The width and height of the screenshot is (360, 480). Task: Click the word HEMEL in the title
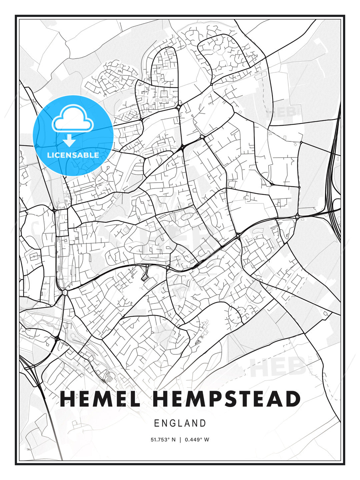(x=100, y=399)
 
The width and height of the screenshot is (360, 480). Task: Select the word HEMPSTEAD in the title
(x=227, y=399)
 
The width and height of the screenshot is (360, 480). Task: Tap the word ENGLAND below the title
(x=180, y=423)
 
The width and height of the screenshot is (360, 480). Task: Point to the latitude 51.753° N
(x=163, y=440)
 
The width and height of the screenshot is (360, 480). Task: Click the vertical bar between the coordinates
(x=180, y=440)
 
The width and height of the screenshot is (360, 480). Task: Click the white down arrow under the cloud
(x=69, y=141)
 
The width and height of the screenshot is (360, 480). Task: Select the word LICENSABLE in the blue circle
(x=73, y=155)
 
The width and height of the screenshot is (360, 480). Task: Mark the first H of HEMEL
(x=68, y=399)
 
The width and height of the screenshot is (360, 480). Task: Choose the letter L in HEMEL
(x=134, y=399)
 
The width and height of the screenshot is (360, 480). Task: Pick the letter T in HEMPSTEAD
(x=245, y=399)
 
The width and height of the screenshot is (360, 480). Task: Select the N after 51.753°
(x=173, y=440)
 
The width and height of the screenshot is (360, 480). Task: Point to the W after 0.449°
(x=207, y=440)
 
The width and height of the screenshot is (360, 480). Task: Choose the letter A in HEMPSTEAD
(x=275, y=399)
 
